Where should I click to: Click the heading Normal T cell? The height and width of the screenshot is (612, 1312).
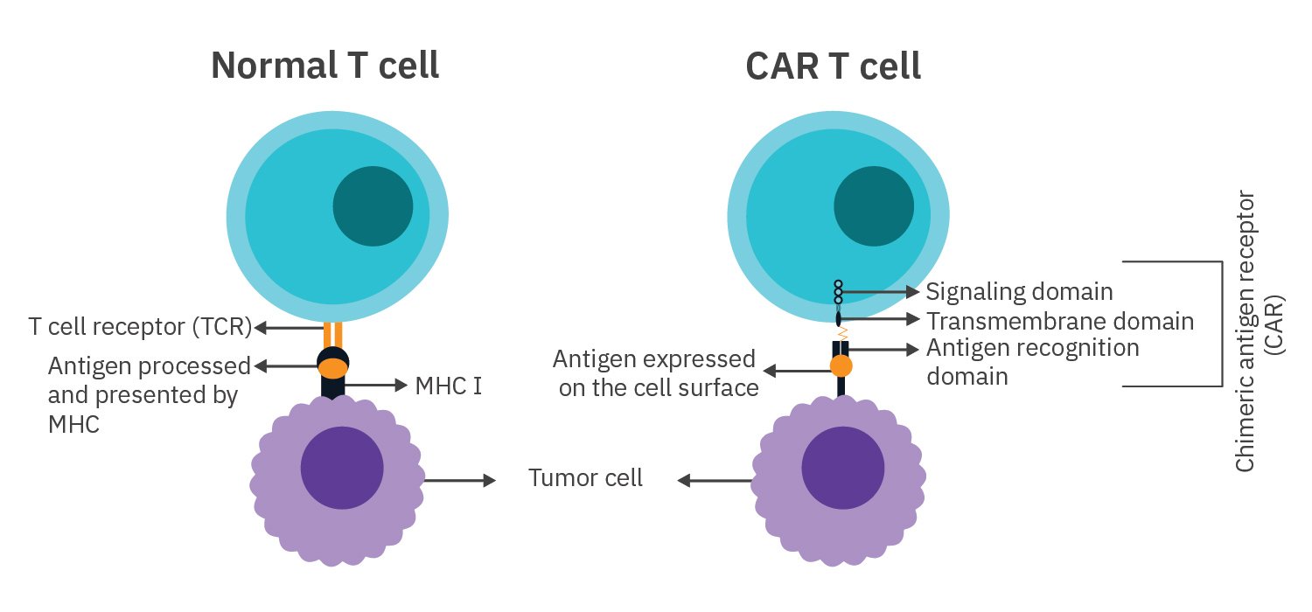tap(325, 66)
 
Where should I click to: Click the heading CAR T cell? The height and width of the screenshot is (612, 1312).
tap(833, 66)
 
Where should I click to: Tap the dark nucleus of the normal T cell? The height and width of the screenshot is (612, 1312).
tap(373, 207)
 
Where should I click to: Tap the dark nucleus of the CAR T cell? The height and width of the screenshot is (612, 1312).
tap(874, 207)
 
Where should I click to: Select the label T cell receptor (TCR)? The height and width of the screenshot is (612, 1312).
tap(140, 328)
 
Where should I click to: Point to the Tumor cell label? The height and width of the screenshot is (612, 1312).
tap(585, 478)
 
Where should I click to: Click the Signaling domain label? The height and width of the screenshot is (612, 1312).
tap(1019, 291)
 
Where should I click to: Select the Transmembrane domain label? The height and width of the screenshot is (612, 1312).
tap(1060, 321)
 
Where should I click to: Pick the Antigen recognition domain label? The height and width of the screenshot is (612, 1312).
tap(1032, 362)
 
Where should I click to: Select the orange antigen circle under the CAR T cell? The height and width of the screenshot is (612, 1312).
tap(841, 365)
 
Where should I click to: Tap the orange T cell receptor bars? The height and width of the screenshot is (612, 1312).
tap(332, 333)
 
